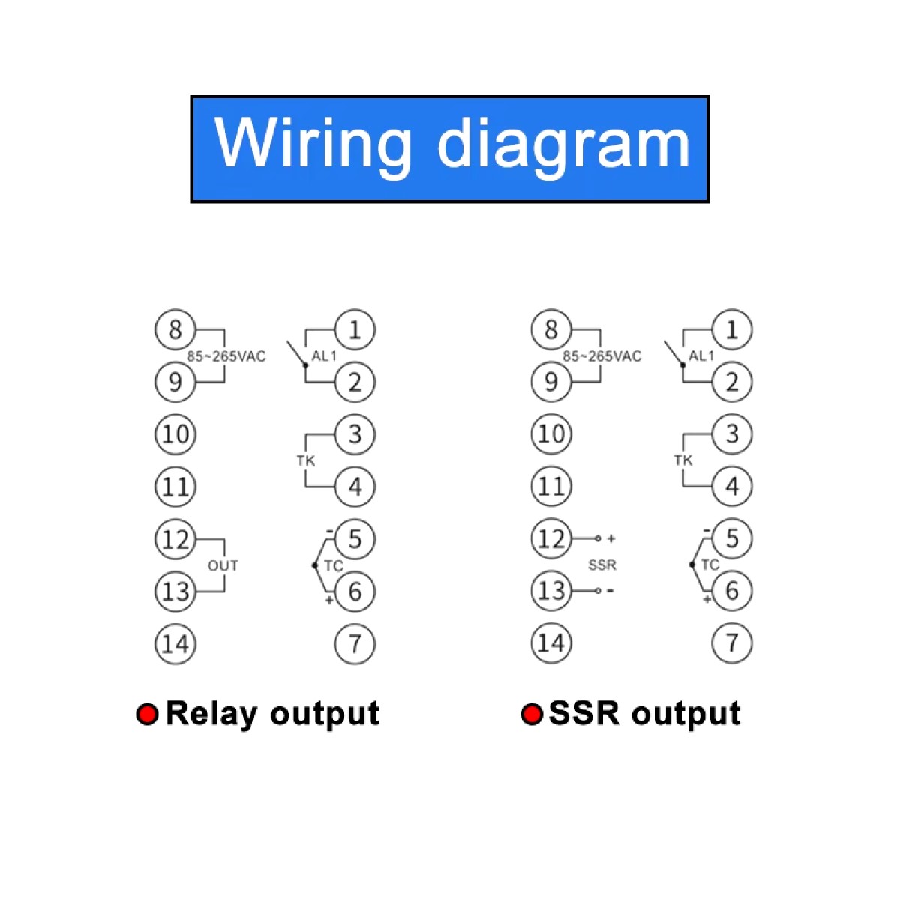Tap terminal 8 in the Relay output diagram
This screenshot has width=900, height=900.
coord(175,329)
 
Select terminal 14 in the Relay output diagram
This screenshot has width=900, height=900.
coord(175,643)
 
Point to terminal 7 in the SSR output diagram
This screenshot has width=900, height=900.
coord(731,643)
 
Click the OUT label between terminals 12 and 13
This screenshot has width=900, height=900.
coord(223,566)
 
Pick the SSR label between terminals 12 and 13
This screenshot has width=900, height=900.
coord(602,565)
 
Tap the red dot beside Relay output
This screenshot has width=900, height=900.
coord(147,714)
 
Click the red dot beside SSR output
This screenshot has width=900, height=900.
coord(532,714)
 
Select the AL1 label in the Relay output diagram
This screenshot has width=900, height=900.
coord(324,356)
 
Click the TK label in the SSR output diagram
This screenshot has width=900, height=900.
coord(683,460)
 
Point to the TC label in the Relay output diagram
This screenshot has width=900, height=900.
coord(333,566)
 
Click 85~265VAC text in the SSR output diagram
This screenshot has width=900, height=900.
coord(602,356)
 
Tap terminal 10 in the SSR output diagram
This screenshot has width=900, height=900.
coord(551,433)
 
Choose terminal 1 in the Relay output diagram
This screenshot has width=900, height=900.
coord(355,329)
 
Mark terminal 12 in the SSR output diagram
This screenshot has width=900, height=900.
coord(551,538)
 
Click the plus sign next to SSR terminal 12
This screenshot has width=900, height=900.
coord(611,538)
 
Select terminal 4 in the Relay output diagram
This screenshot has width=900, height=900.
coord(355,487)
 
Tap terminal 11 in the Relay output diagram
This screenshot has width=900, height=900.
coord(175,487)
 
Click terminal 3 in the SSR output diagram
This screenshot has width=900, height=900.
coord(731,433)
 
